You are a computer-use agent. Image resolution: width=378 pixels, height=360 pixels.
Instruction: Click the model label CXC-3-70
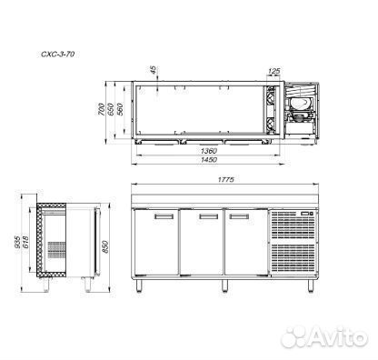click(57, 55)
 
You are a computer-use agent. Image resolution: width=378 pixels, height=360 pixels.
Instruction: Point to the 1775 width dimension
click(226, 180)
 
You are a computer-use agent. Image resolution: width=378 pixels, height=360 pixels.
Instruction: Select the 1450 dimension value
click(209, 160)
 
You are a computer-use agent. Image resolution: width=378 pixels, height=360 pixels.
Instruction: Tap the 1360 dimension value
click(209, 151)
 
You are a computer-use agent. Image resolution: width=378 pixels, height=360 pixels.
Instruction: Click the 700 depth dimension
click(101, 109)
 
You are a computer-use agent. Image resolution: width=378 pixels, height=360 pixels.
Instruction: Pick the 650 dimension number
click(110, 109)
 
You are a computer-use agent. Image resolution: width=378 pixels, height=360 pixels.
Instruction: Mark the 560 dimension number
click(120, 109)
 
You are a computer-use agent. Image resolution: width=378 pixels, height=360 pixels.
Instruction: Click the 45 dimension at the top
click(154, 70)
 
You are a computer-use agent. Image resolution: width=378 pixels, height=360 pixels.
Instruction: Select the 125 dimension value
click(274, 71)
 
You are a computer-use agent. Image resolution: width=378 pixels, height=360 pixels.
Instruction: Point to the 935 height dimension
click(17, 242)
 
